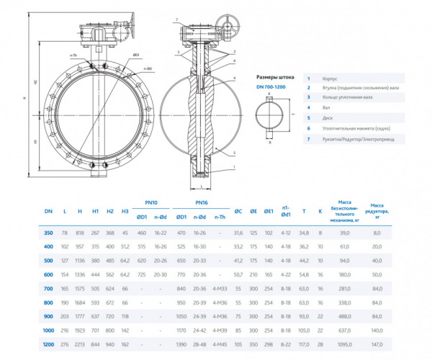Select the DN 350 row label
(49, 233)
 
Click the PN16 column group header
(202, 202)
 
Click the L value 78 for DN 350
(65, 233)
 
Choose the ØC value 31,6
(238, 233)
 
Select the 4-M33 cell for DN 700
(220, 289)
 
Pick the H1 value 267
(95, 233)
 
